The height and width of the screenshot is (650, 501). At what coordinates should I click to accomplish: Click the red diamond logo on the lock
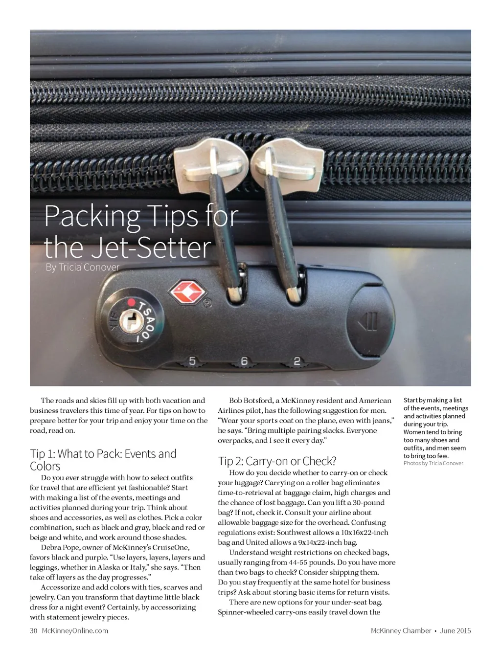[185, 292]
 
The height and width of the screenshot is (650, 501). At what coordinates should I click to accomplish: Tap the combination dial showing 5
[192, 361]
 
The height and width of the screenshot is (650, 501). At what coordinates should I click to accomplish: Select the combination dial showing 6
[244, 362]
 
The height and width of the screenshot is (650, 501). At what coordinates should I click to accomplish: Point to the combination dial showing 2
[296, 362]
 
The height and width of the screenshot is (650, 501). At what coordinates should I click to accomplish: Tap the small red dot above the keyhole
[131, 302]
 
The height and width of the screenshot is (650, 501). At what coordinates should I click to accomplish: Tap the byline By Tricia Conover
[82, 267]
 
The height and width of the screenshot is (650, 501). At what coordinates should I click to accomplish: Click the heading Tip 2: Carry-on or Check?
[277, 461]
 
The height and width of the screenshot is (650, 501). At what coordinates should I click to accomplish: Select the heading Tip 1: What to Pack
[103, 460]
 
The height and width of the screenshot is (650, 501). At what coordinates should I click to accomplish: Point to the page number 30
[33, 630]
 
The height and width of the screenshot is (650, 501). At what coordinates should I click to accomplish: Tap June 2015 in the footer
[455, 630]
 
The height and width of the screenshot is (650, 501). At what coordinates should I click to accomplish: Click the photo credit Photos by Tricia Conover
[433, 463]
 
